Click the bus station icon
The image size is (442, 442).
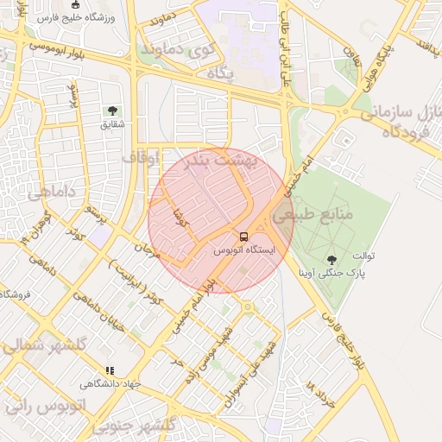point(243,236)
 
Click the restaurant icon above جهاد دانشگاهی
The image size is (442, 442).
point(109,370)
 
